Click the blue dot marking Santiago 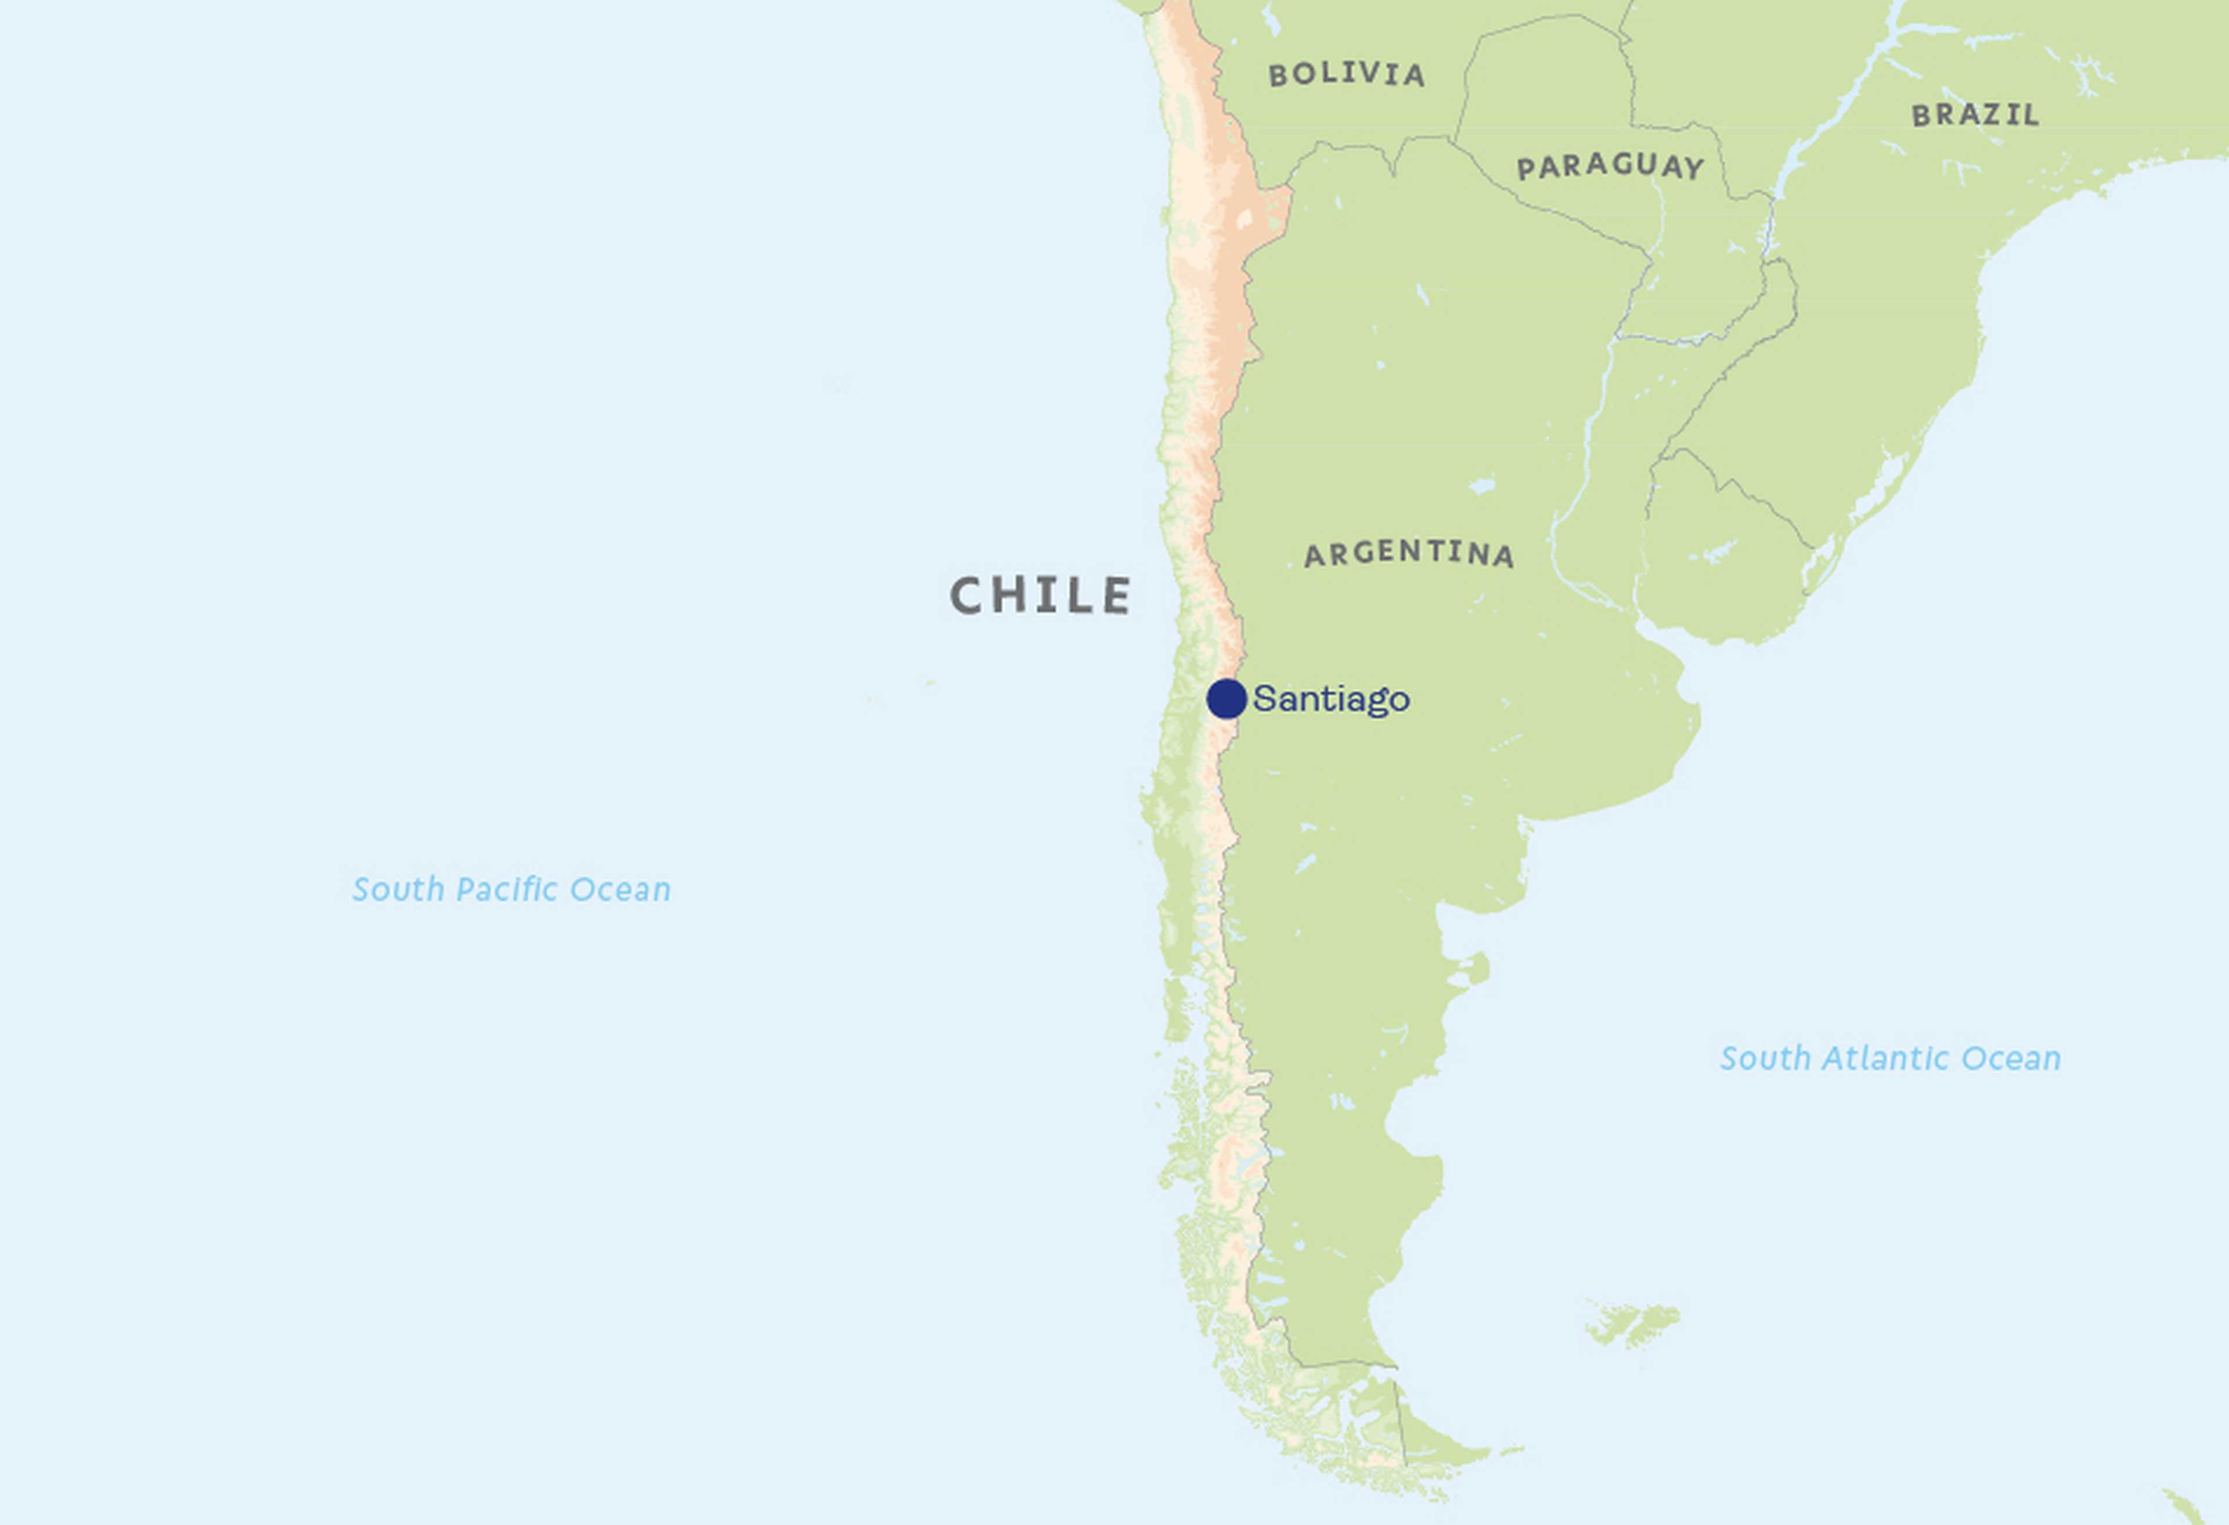point(1226,698)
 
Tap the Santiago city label point(1331,699)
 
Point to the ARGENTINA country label point(1409,553)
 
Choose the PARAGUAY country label point(1610,167)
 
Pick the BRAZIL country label point(1975,115)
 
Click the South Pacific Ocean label point(511,889)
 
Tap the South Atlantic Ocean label point(1889,1058)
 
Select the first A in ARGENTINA point(1315,556)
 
